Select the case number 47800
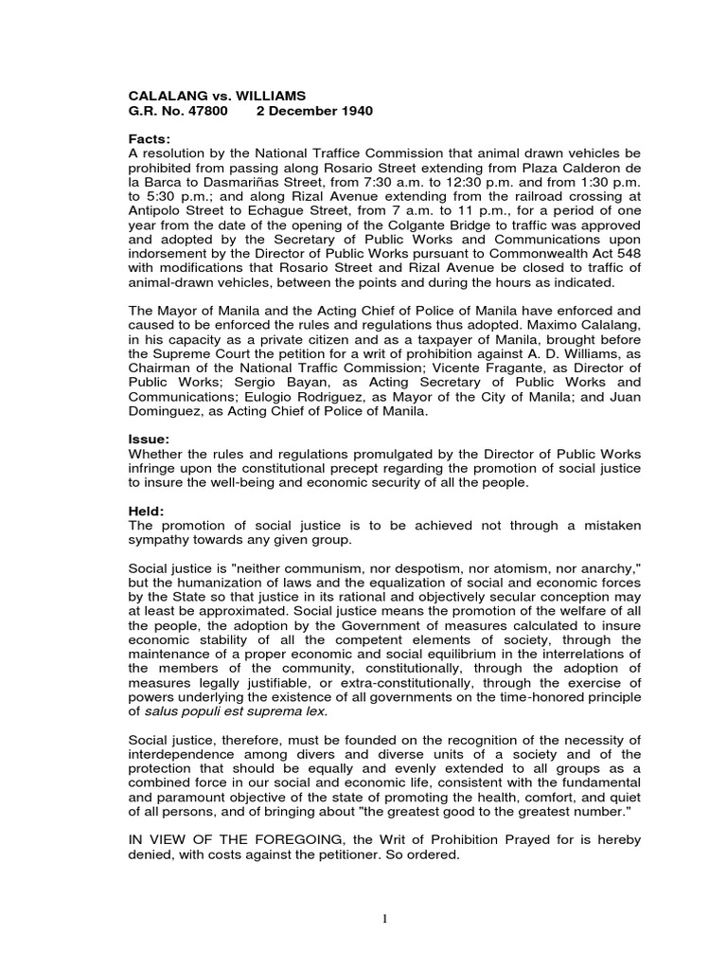click(x=207, y=111)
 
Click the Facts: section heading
click(x=150, y=139)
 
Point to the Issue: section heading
click(x=150, y=440)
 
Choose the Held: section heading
click(x=147, y=512)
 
